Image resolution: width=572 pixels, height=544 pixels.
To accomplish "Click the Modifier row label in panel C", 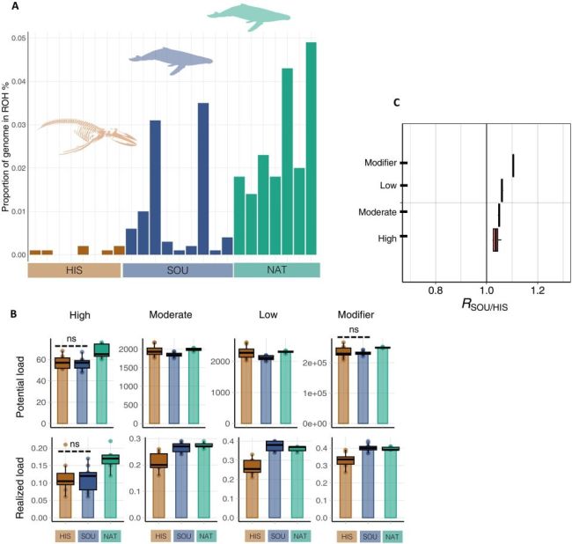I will (x=379, y=163).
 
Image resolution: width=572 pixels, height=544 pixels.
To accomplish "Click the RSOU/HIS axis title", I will (x=486, y=305).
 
